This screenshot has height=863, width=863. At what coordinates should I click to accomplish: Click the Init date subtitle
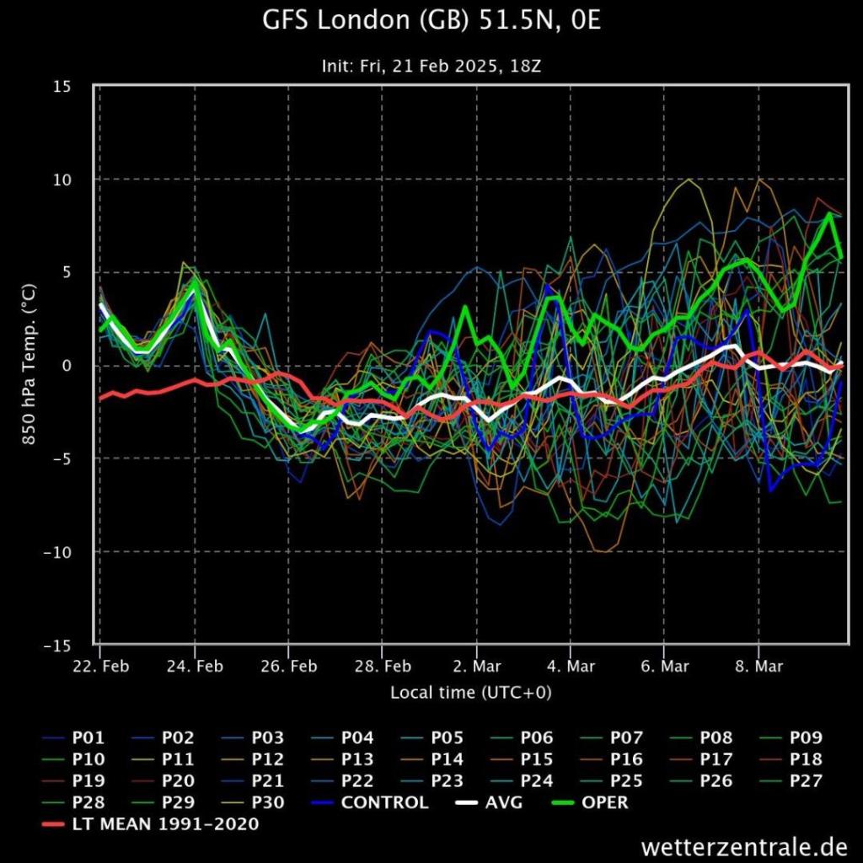[431, 66]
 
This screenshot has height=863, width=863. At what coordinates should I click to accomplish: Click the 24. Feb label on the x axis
[195, 666]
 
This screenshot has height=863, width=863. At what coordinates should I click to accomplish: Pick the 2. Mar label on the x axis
[476, 666]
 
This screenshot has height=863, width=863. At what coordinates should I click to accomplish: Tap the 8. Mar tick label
[758, 666]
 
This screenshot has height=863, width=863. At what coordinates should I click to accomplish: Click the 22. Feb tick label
[100, 666]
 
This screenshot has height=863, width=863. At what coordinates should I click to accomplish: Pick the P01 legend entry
[89, 738]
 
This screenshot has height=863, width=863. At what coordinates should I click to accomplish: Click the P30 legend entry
[268, 802]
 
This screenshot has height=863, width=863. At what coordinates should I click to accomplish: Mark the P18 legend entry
[805, 759]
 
